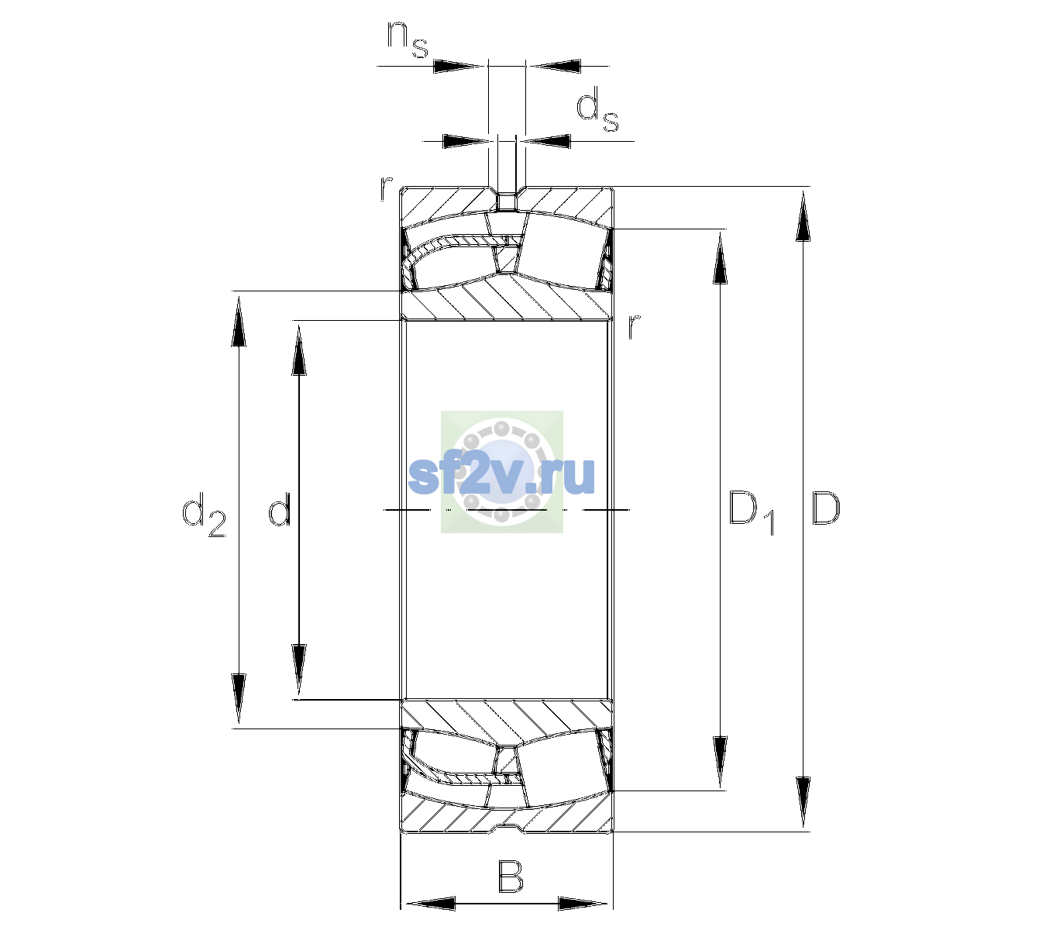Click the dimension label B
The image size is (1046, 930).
point(510,877)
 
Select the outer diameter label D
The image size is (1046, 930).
point(825,508)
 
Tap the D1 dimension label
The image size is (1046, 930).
point(752,513)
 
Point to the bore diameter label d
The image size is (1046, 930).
point(279,508)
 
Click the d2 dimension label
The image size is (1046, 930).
point(204,515)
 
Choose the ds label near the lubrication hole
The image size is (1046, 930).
point(597,109)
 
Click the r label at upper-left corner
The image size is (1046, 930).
point(386,188)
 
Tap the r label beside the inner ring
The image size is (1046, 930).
point(634,326)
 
